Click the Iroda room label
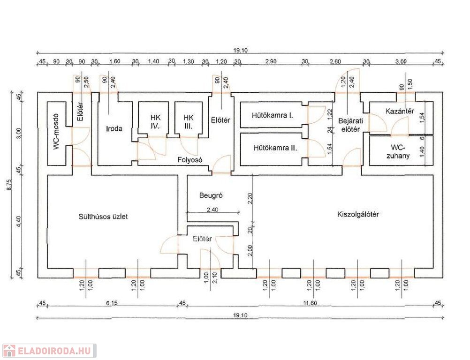[x=114, y=129]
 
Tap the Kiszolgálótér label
[x=358, y=214]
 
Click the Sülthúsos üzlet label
[x=103, y=217]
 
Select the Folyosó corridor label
[x=190, y=159]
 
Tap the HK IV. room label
[x=155, y=122]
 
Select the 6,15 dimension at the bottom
[x=111, y=303]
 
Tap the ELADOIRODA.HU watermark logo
[x=49, y=351]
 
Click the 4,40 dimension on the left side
[x=19, y=221]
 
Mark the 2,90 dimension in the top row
[x=271, y=61]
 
